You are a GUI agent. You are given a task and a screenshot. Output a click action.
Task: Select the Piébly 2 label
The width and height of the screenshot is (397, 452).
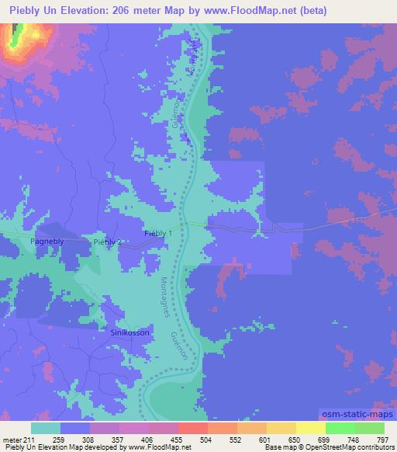point(108,243)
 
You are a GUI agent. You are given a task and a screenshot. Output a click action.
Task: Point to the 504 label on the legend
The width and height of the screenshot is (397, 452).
point(184,440)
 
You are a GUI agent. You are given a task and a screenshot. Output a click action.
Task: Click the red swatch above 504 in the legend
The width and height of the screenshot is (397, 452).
point(192,428)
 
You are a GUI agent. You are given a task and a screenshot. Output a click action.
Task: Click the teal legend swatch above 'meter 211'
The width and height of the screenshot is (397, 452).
point(46,428)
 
